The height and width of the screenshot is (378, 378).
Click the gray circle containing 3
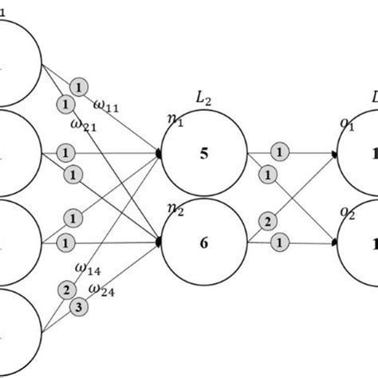[78, 305]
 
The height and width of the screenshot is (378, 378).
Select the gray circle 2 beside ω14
[63, 289]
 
